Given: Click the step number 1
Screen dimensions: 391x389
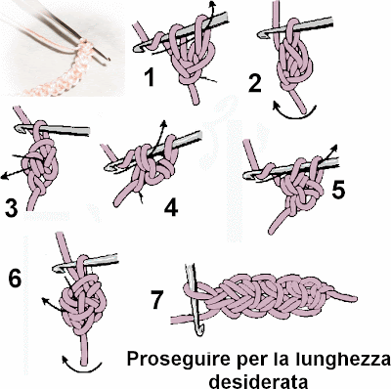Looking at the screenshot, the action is tap(149, 78).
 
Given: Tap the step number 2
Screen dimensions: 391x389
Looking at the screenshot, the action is tap(255, 83).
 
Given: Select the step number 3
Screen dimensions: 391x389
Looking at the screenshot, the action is tap(11, 209).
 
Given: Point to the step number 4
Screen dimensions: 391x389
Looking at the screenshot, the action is tap(171, 208).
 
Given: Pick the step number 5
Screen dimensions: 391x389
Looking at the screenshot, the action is tap(338, 191).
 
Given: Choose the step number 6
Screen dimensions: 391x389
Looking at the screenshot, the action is tap(15, 279).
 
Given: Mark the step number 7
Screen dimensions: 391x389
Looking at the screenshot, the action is tap(156, 300).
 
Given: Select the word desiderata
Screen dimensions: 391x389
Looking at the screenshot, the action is tap(259, 380).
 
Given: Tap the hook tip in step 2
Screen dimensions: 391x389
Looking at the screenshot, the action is tap(261, 35).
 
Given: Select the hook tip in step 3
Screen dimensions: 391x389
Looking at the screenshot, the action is tap(18, 128).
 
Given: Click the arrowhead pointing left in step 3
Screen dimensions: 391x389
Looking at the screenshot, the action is tap(5, 177).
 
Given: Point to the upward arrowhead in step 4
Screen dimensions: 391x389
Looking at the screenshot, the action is tap(163, 124).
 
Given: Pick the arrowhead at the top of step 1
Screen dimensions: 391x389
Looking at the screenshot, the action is tap(212, 5).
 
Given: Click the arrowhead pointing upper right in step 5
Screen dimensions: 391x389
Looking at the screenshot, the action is tap(333, 148).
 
